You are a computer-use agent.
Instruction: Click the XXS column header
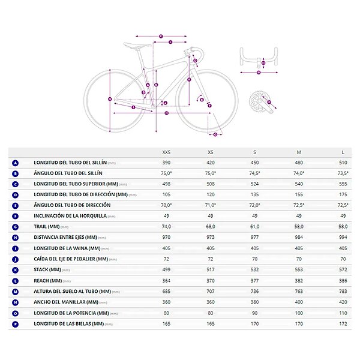pos(166,152)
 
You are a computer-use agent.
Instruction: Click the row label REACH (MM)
pos(48,280)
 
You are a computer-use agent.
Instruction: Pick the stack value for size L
pos(343,269)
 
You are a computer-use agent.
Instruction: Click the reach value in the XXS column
pos(166,280)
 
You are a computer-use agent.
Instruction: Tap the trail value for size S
pos(254,226)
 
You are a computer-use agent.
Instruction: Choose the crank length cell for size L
pos(343,323)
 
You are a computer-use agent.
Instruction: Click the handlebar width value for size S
pos(254,302)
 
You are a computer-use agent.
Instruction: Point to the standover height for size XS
pos(210,291)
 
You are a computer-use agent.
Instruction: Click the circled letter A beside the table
pos(15,163)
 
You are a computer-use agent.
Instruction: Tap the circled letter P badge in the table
pos(15,323)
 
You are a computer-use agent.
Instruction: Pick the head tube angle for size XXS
pos(166,205)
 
